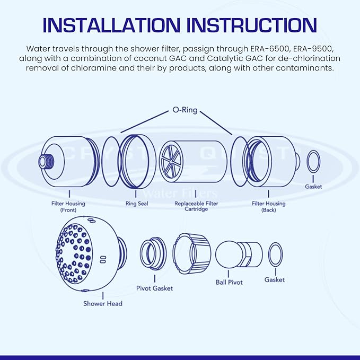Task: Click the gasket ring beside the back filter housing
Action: (x=313, y=161)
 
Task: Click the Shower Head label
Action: (x=102, y=304)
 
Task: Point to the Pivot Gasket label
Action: (x=154, y=288)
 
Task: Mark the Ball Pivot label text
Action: (x=229, y=283)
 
